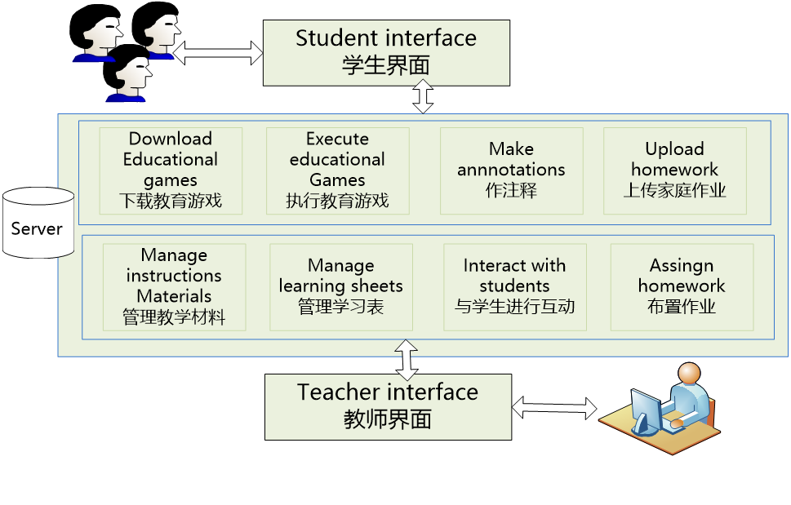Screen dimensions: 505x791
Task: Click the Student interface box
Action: point(386,52)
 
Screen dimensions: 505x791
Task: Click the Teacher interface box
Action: point(388,406)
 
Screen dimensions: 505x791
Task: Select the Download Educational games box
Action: point(171,170)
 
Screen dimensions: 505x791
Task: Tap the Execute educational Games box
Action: point(337,170)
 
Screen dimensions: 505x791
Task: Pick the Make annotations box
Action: point(511,170)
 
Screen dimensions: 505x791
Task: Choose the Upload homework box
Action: point(674,170)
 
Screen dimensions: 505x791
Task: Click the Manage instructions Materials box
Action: point(174,286)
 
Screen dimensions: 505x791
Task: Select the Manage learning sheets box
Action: point(340,286)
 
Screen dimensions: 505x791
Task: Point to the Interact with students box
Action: point(514,286)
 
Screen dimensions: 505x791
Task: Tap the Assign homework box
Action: point(682,286)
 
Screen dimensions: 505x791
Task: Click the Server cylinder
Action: point(38,223)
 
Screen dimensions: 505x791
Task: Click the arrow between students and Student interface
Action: point(218,54)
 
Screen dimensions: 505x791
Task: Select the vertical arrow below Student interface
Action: point(423,97)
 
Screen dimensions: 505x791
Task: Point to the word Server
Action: point(37,228)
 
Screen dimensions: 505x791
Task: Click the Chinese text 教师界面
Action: point(388,419)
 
